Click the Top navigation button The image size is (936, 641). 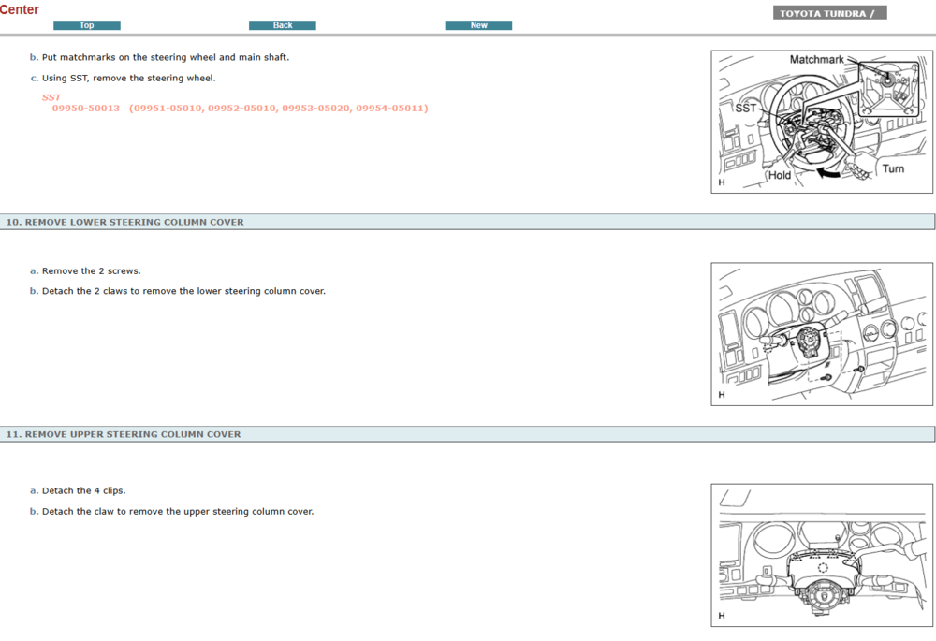click(86, 25)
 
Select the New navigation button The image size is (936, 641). click(478, 25)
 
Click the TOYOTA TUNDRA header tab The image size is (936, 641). click(829, 13)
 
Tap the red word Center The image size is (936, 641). click(20, 9)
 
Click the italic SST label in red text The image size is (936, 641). click(51, 97)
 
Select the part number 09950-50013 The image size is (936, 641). click(86, 109)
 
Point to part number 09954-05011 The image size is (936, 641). click(391, 109)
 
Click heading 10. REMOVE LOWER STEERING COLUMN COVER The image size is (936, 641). click(124, 222)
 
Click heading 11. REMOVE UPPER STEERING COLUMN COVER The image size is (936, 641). click(124, 434)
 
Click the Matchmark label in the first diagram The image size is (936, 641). click(816, 60)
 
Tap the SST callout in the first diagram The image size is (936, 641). click(745, 109)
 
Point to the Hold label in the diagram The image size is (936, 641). click(780, 175)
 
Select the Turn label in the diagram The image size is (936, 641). click(893, 169)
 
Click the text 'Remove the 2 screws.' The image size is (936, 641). click(91, 271)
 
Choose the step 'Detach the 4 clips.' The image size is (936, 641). click(83, 490)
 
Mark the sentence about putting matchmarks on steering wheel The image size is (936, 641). click(165, 57)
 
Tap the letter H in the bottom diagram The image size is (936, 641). click(721, 615)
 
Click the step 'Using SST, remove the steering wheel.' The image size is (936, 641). click(128, 79)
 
